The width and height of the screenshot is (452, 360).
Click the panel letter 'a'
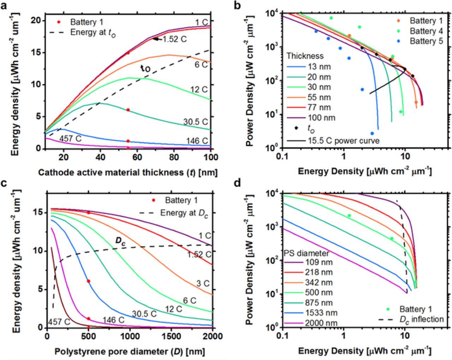5,6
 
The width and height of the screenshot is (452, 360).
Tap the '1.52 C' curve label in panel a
174,39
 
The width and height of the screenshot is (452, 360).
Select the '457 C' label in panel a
70,138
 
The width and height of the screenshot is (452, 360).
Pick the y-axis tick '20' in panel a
35,20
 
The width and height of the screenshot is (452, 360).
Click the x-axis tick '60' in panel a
137,157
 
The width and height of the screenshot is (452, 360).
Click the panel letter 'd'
237,183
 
